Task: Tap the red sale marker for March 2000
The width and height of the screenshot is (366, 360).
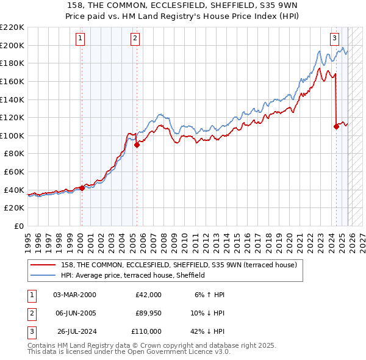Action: [82, 189]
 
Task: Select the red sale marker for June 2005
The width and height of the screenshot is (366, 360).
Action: [137, 145]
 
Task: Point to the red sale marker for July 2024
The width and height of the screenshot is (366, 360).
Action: [336, 127]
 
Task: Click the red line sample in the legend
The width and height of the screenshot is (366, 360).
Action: [44, 265]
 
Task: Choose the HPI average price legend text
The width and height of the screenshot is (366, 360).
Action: [132, 275]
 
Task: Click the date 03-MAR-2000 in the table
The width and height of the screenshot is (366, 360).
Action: [74, 295]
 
